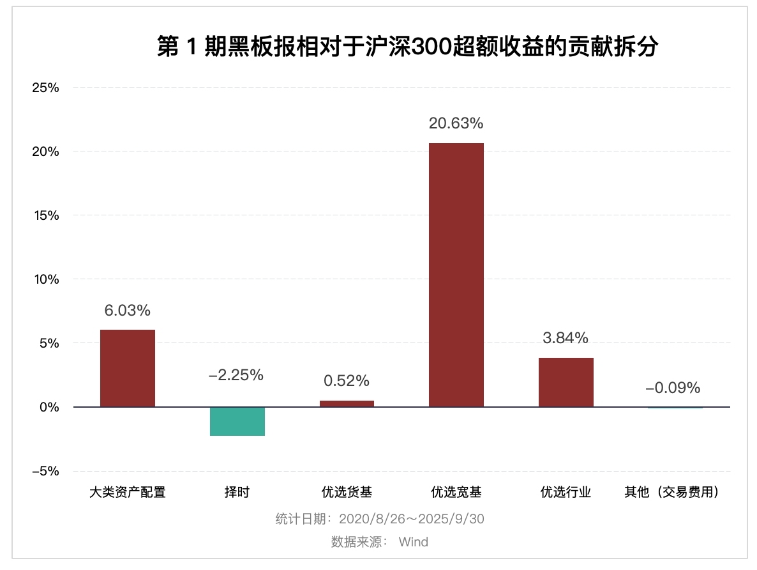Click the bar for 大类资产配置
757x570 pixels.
tap(128, 368)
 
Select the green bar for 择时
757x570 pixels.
tap(237, 421)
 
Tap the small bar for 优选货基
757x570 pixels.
tap(347, 403)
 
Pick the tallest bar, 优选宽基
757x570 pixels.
tap(456, 275)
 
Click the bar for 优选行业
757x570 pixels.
tap(566, 382)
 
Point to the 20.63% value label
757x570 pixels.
tap(456, 123)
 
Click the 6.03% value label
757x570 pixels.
tap(128, 311)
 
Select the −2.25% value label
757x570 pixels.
tap(236, 375)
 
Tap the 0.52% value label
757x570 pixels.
tap(347, 381)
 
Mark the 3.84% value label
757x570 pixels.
tap(566, 338)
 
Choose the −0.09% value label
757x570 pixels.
tap(673, 388)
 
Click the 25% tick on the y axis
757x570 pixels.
tap(46, 88)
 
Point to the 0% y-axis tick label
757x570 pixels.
tap(49, 407)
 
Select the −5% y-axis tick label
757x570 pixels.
tap(46, 471)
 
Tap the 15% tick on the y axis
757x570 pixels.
tap(46, 215)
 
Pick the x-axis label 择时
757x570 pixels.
tap(237, 492)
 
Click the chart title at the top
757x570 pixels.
tap(407, 47)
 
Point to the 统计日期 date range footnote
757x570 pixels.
tap(380, 518)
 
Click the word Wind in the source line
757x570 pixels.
tap(414, 542)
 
